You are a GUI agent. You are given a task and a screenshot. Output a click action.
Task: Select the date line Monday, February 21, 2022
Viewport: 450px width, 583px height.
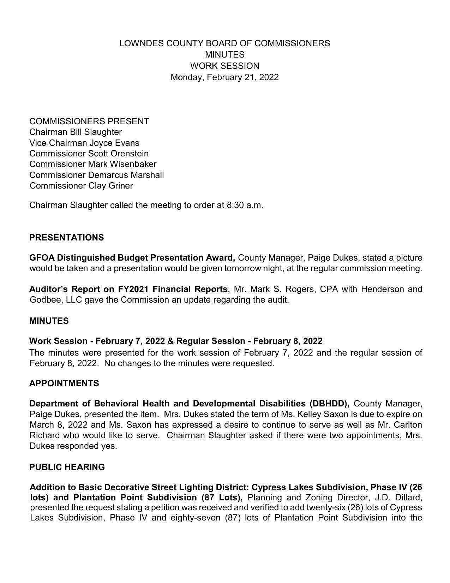pos(224,77)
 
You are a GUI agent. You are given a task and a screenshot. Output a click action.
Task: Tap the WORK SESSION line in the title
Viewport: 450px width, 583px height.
pos(224,66)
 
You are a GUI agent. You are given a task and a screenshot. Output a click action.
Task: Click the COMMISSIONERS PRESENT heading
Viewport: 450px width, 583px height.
pos(89,121)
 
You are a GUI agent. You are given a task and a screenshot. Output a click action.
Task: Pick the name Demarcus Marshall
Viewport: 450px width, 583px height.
pos(126,175)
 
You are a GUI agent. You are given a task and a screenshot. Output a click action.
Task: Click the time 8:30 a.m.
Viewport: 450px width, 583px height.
pos(245,205)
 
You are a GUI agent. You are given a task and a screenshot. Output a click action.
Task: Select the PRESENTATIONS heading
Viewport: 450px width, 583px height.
pos(66,238)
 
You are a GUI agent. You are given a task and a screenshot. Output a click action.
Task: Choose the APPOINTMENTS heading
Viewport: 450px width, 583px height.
pos(64,383)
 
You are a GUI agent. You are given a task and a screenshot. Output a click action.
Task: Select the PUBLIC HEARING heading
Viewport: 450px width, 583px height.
pos(67,467)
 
